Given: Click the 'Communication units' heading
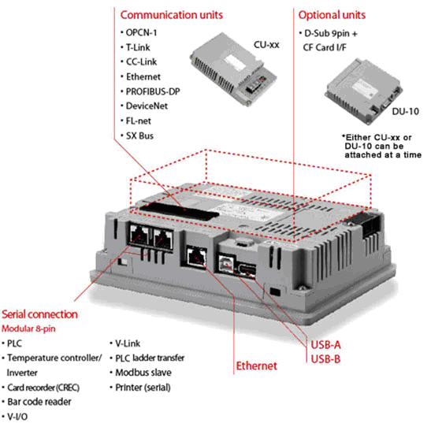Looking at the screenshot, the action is click(172, 15).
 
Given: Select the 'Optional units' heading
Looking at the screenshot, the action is click(332, 15).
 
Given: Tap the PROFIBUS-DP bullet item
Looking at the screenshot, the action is click(153, 91).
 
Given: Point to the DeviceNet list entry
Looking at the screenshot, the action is click(147, 106).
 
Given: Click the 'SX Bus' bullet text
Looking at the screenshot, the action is click(139, 136).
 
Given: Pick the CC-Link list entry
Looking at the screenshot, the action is click(141, 61).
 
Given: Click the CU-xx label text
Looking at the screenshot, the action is click(266, 45).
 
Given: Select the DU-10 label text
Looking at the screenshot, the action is click(405, 111).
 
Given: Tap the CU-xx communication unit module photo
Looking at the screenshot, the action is click(233, 69).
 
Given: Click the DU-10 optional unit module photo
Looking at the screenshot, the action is click(363, 91).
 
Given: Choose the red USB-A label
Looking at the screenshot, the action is click(325, 344).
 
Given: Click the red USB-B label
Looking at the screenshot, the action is click(325, 359).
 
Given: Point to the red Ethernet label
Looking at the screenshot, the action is click(256, 366).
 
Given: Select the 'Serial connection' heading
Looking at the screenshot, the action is click(39, 314).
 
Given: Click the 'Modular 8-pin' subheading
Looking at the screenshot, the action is click(28, 329).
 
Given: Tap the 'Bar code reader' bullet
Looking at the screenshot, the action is click(39, 402).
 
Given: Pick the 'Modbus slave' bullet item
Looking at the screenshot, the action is click(143, 373).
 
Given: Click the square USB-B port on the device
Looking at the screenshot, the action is click(226, 264).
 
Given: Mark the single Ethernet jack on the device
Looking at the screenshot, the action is click(196, 258).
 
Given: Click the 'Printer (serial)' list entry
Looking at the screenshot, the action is click(143, 388).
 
